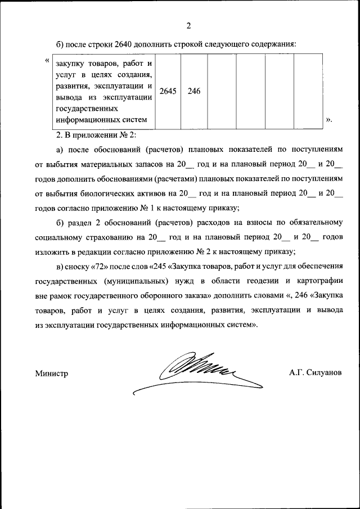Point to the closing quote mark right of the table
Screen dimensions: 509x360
coord(329,120)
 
